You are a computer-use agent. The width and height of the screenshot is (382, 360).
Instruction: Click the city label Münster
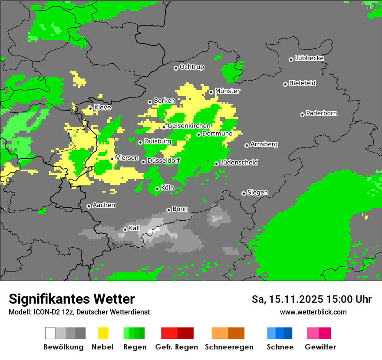coord(227,91)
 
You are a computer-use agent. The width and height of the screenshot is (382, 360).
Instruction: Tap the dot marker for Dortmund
coord(198,134)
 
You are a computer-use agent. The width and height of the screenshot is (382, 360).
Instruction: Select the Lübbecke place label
coord(309,58)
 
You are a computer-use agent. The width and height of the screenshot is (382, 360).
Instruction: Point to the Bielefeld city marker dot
coord(285,84)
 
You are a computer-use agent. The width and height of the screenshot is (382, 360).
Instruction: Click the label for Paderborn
coord(321,113)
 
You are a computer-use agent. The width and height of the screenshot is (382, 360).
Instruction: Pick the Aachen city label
coord(104,205)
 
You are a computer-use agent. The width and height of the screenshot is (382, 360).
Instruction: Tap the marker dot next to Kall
coord(125,229)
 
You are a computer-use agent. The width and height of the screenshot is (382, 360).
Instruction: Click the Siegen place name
coord(257,193)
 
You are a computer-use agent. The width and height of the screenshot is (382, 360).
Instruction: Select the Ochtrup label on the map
coord(191,67)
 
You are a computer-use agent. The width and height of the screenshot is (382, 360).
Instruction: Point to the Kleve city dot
coord(90,108)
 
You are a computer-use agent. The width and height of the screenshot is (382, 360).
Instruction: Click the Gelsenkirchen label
coord(189,126)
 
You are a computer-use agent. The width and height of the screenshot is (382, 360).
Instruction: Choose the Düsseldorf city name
coord(163,160)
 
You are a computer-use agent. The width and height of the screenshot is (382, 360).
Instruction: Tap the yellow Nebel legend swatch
coord(103,333)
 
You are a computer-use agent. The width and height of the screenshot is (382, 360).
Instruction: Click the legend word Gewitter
coord(320,347)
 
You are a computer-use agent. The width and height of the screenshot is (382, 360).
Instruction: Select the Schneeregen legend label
coord(228,347)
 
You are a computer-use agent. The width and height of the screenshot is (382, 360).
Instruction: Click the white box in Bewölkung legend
coord(50,333)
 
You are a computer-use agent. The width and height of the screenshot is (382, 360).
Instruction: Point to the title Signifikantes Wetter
coord(72,299)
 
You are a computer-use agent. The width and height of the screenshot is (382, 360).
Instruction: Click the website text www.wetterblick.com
coord(313,312)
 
